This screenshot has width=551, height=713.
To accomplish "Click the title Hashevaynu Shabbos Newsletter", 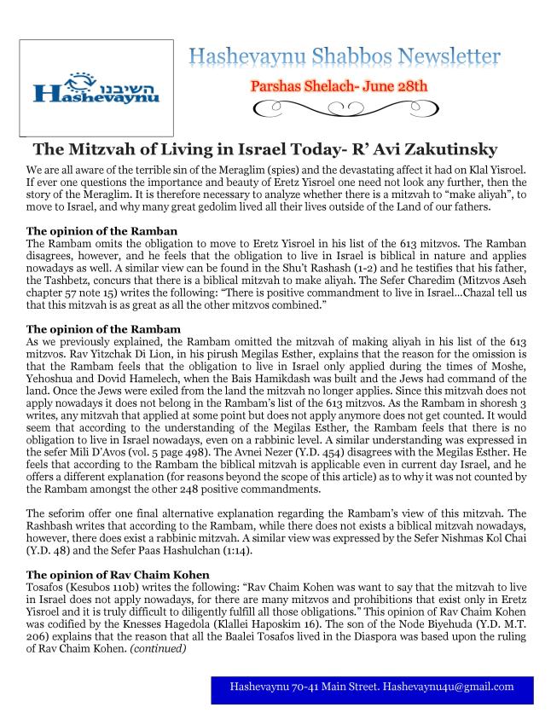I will [x=345, y=59].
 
